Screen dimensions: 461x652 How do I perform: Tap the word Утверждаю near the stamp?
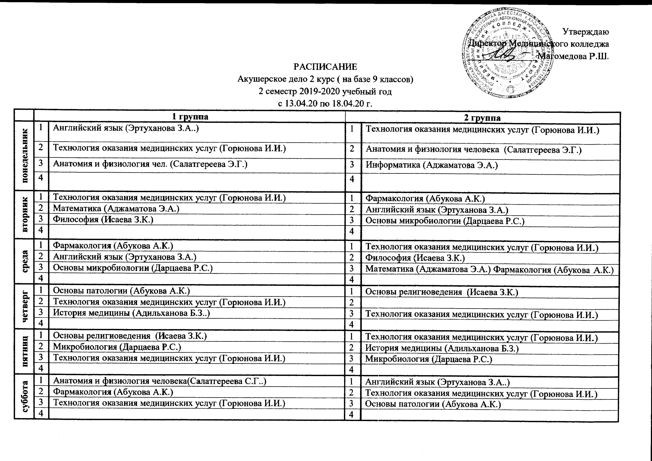point(585,32)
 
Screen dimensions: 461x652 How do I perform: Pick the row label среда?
point(25,261)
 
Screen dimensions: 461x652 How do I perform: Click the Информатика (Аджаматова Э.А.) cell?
point(432,165)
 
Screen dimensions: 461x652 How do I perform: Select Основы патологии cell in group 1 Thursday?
point(122,291)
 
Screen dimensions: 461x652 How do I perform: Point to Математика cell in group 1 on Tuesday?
point(117,208)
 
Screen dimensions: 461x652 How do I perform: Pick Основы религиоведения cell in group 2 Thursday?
point(442,292)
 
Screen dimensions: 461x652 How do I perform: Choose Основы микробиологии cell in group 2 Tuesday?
point(445,221)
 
